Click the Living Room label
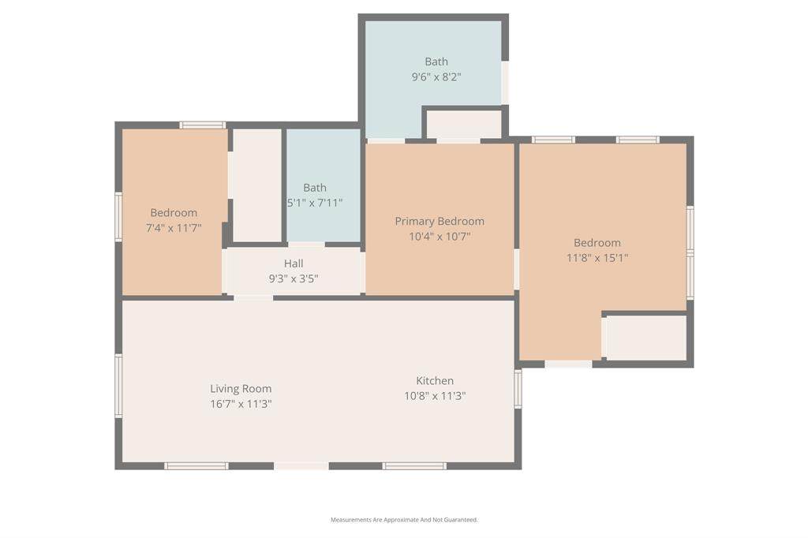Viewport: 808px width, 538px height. (x=241, y=389)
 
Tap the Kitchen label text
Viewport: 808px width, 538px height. (x=435, y=381)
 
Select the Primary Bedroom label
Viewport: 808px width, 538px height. (x=440, y=222)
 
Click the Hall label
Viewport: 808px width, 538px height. (x=294, y=263)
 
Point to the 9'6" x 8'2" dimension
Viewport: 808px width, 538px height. (x=436, y=77)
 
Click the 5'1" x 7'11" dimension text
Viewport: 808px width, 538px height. (x=315, y=203)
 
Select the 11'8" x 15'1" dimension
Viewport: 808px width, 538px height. (x=597, y=258)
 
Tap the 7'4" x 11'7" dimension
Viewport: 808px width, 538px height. (x=174, y=228)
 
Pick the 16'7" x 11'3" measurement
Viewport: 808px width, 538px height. (x=241, y=404)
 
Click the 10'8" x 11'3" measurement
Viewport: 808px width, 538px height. (x=435, y=396)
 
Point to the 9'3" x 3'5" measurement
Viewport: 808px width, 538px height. (x=294, y=278)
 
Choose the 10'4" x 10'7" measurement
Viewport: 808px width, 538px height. (x=440, y=237)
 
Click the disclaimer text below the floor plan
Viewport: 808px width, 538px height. (x=404, y=520)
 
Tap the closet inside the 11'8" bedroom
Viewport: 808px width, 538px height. (x=646, y=338)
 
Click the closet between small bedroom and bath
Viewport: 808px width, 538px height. (x=257, y=185)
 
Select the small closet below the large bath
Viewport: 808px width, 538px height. (x=464, y=124)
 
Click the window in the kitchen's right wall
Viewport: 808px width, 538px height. (x=518, y=389)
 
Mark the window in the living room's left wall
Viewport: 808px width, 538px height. (x=118, y=386)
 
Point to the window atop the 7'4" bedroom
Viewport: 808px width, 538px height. (x=203, y=125)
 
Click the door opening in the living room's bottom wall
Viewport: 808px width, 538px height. (x=301, y=466)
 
